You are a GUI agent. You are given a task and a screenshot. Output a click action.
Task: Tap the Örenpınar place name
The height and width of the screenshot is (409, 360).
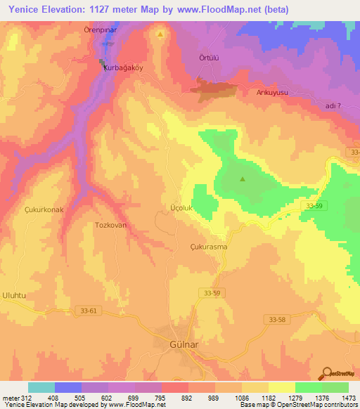coord(118,32)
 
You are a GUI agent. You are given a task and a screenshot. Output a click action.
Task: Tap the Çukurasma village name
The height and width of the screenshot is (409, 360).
coord(209,247)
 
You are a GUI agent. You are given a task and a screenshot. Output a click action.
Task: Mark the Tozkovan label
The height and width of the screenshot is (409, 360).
coord(110,225)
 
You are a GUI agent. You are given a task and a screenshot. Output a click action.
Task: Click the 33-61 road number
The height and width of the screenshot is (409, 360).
coord(85,310)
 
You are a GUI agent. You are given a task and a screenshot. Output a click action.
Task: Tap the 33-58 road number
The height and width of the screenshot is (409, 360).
coord(279,319)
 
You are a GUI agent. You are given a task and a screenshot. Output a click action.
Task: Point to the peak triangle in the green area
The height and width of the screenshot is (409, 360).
coord(243,178)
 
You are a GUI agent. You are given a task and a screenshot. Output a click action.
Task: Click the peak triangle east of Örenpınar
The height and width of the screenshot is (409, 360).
coord(160,34)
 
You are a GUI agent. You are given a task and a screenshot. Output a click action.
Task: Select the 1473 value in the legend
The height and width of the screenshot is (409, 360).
coord(349,398)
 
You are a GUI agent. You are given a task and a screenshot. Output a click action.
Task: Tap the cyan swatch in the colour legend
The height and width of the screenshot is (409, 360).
coord(41,387)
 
